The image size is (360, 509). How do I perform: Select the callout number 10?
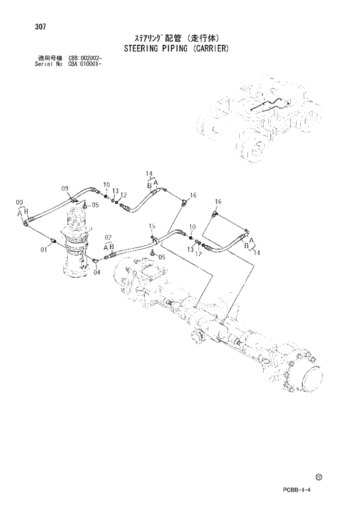[x=106, y=185]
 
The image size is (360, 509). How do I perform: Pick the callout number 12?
[x=123, y=195]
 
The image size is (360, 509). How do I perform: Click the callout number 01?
[x=43, y=250]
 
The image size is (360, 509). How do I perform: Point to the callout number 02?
[x=107, y=238]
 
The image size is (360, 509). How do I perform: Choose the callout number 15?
[x=152, y=225]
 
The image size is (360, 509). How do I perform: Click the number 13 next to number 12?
[x=115, y=191]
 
